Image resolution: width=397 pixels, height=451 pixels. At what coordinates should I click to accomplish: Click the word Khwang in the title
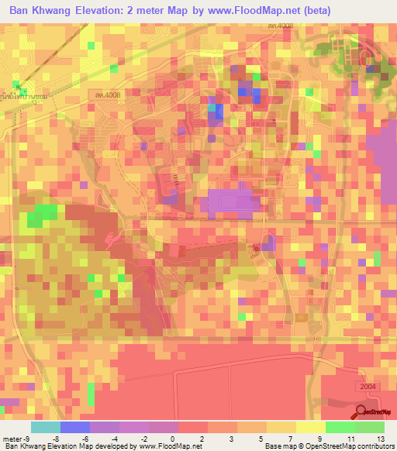tap(57, 11)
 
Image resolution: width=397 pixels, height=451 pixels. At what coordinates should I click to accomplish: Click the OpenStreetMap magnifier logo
tap(361, 411)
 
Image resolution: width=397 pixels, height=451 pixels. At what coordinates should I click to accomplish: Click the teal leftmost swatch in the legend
tap(45, 427)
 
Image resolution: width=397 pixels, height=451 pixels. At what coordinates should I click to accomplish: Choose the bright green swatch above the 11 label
tap(340, 427)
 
